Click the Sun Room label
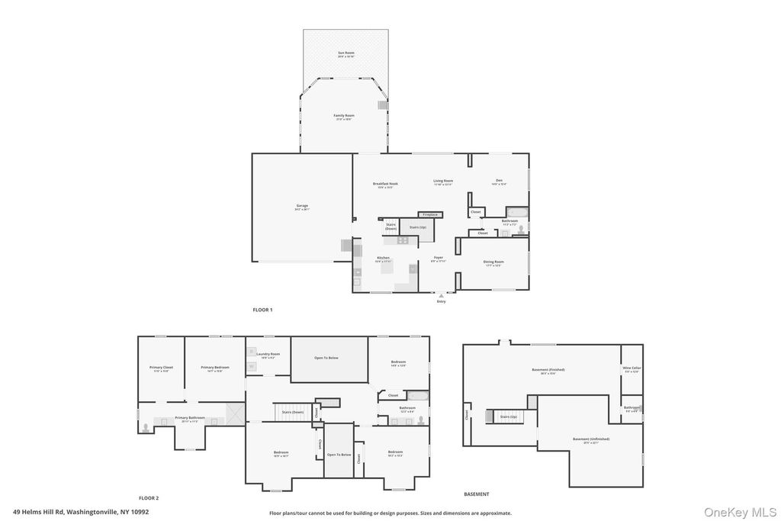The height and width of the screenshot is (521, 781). pyautogui.click(x=346, y=53)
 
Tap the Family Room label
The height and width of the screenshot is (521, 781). pyautogui.click(x=344, y=116)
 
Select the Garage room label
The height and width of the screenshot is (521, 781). pyautogui.click(x=302, y=206)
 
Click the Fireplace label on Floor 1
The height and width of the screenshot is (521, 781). pyautogui.click(x=430, y=214)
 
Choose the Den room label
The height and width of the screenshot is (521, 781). pyautogui.click(x=499, y=182)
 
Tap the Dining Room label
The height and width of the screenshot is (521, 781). pyautogui.click(x=493, y=262)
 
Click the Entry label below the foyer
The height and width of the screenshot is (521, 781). pyautogui.click(x=441, y=301)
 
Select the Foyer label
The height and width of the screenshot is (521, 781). pyautogui.click(x=438, y=259)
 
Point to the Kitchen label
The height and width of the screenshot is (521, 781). pyautogui.click(x=383, y=259)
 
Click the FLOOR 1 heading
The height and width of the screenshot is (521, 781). pyautogui.click(x=262, y=310)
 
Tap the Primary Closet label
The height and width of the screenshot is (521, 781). pyautogui.click(x=161, y=368)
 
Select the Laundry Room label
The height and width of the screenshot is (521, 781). pyautogui.click(x=268, y=354)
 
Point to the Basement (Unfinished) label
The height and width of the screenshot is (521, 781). pyautogui.click(x=591, y=439)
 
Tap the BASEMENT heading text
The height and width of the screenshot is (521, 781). pyautogui.click(x=477, y=494)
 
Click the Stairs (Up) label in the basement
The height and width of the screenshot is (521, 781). pyautogui.click(x=509, y=417)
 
